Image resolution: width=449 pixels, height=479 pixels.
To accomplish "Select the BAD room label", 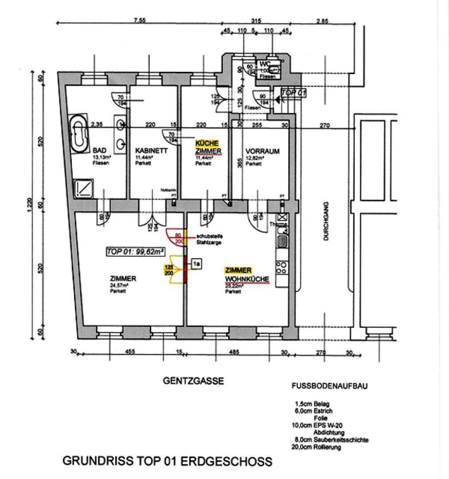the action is (98, 150).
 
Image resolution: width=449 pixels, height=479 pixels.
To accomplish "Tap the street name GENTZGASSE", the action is (193, 381).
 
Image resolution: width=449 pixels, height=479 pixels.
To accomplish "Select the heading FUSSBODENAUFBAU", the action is (329, 386).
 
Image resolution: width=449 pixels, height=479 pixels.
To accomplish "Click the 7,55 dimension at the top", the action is (140, 20).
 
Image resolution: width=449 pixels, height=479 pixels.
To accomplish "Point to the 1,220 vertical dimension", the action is (28, 205).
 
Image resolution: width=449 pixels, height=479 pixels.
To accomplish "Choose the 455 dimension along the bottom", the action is (129, 353).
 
